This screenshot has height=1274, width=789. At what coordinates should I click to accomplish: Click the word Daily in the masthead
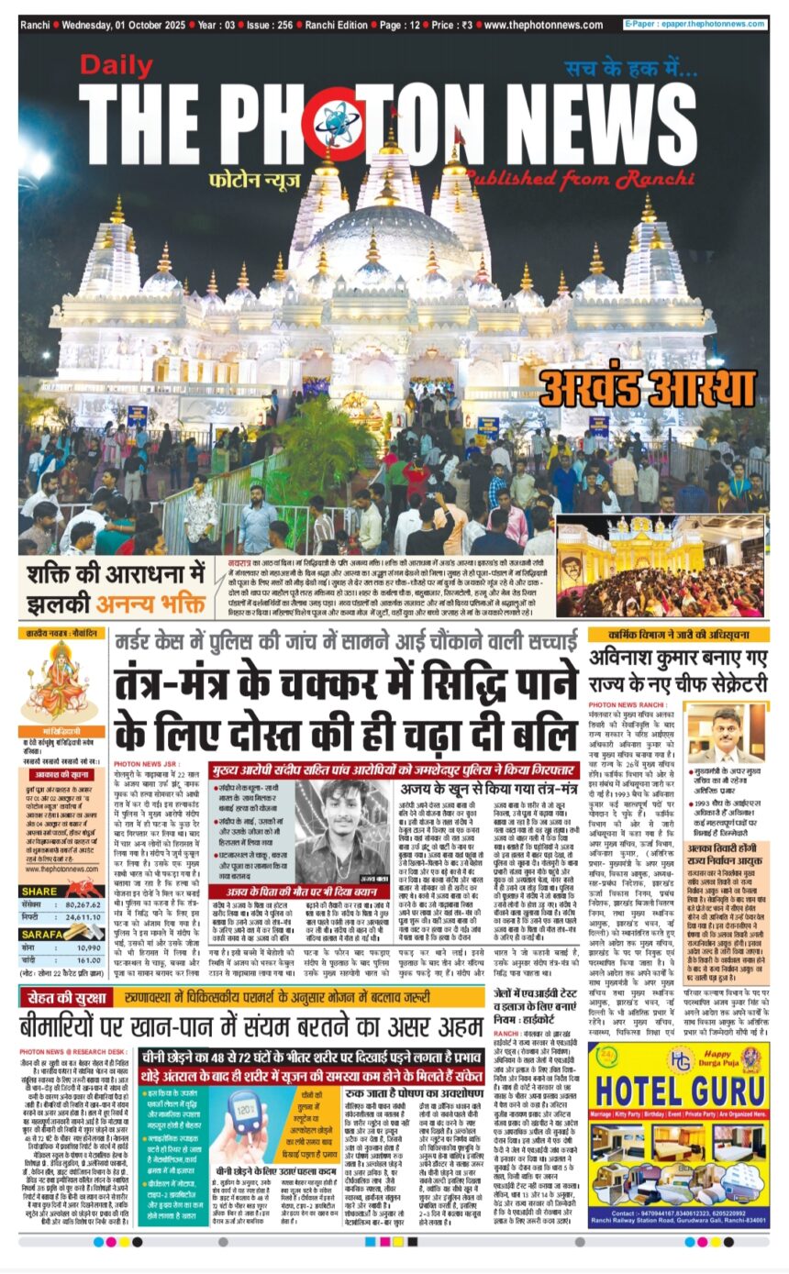click(115, 65)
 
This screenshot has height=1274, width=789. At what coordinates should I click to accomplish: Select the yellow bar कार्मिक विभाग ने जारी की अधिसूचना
click(678, 634)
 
